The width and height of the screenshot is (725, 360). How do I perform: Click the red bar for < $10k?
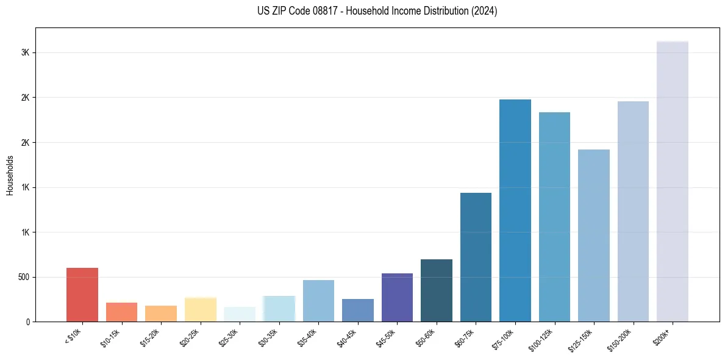pos(82,295)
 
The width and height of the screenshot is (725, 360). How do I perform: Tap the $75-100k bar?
pos(515,211)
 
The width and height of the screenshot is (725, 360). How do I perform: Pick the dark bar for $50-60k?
pos(436,290)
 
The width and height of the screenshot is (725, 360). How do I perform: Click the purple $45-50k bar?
pos(397,297)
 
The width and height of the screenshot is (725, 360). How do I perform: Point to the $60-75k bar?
pos(476,257)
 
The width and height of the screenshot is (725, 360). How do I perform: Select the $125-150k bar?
pos(593,236)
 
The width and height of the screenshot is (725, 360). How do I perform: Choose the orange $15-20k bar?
pos(161,314)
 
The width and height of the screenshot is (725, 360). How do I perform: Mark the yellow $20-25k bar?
pos(200,309)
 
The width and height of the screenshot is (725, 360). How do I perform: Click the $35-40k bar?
pos(318,301)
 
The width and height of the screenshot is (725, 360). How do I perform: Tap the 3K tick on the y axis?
pos(25,52)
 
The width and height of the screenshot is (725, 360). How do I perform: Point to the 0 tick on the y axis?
pos(28,322)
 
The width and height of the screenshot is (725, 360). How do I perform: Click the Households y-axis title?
pos(10,175)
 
